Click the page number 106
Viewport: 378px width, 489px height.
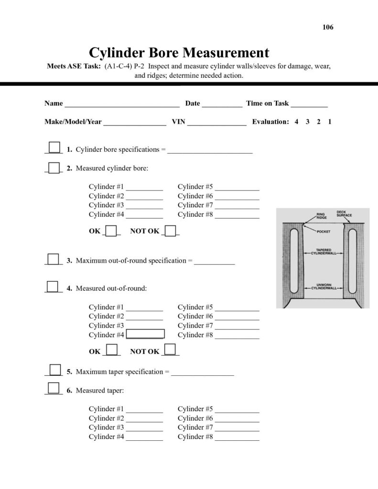pos(328,27)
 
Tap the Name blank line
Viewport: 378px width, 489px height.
pos(122,104)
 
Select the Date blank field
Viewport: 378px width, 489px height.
pos(222,104)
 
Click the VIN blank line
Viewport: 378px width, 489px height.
pos(217,122)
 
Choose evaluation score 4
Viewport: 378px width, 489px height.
pos(296,122)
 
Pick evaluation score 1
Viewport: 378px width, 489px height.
pos(330,122)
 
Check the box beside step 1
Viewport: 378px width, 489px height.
pos(55,147)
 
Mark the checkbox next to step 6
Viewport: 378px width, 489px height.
pos(54,388)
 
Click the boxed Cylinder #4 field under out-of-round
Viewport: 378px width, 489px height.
pos(145,334)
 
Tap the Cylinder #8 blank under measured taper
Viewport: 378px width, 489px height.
pos(237,437)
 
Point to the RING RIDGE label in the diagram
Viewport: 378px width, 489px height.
pos(321,216)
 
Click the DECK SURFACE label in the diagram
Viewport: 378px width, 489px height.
pos(344,213)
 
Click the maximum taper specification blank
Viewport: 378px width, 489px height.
pos(202,372)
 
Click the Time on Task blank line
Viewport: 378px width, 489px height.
pos(309,104)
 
